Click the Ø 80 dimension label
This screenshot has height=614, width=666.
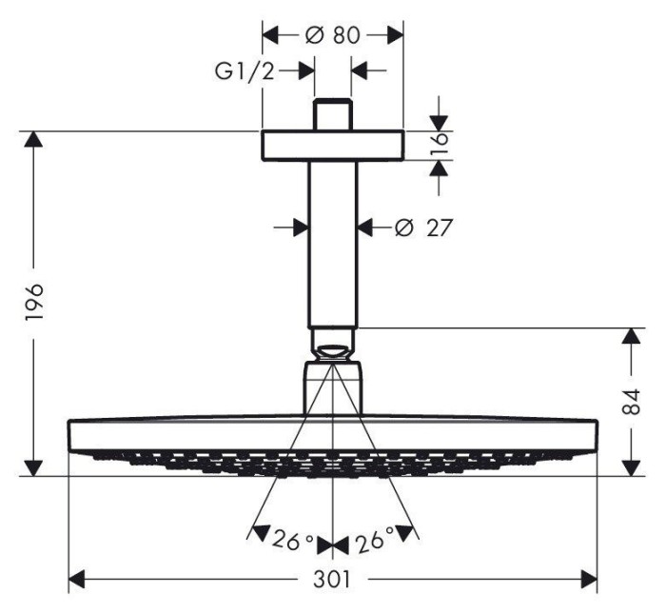coord(333,35)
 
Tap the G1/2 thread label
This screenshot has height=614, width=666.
coord(245,71)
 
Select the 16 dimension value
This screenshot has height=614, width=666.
coord(441,145)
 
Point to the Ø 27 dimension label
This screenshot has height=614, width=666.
coord(423,228)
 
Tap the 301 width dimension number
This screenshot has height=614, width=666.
coord(333,579)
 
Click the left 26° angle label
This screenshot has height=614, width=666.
coord(293,539)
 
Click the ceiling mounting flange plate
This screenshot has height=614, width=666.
coord(333,146)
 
